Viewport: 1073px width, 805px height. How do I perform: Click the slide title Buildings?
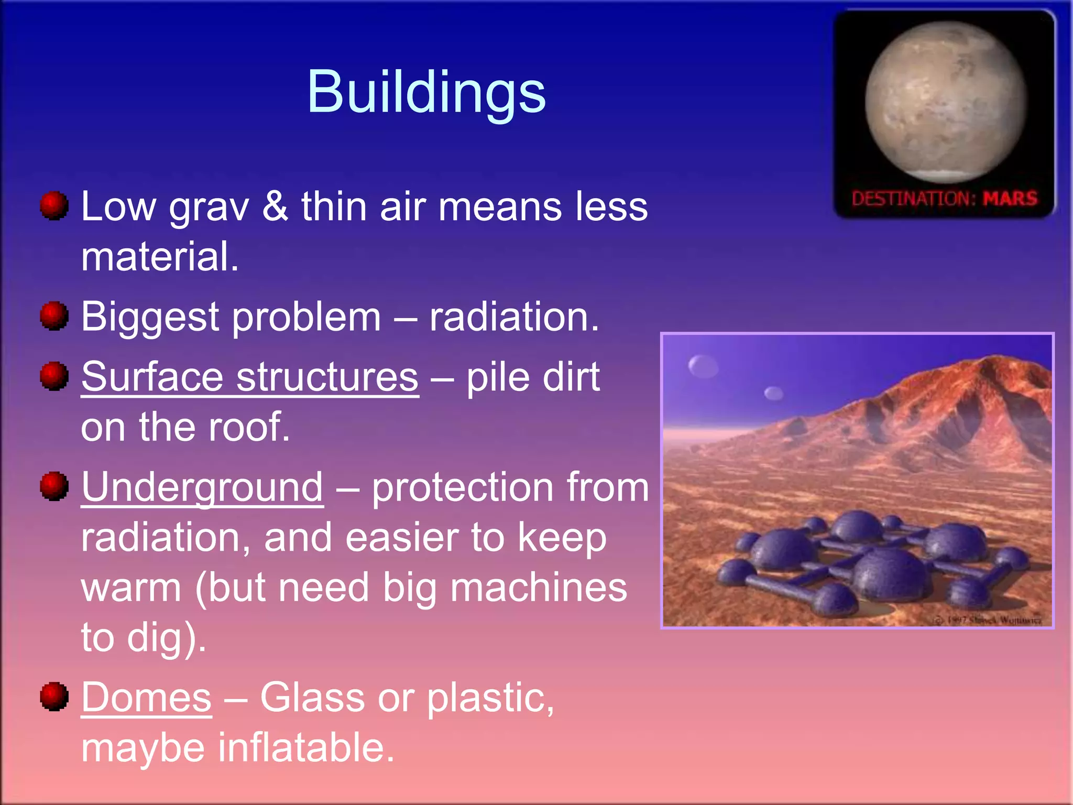(426, 92)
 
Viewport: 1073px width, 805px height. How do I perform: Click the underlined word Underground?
(202, 487)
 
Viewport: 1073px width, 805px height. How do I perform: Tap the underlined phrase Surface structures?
(250, 377)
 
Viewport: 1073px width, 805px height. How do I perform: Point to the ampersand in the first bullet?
(275, 206)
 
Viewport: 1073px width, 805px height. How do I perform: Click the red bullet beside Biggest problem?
(54, 316)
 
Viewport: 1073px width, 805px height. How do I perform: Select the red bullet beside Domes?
(54, 697)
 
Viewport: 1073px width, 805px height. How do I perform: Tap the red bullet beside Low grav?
(54, 205)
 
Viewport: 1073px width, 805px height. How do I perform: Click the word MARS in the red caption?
(1010, 199)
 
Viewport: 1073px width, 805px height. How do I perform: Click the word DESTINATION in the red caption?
(913, 199)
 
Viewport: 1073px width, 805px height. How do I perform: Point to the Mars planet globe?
(946, 102)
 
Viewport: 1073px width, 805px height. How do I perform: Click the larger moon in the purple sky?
(703, 366)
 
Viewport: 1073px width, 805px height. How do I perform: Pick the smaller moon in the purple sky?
(773, 393)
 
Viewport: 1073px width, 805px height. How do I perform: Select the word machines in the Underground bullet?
(538, 588)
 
